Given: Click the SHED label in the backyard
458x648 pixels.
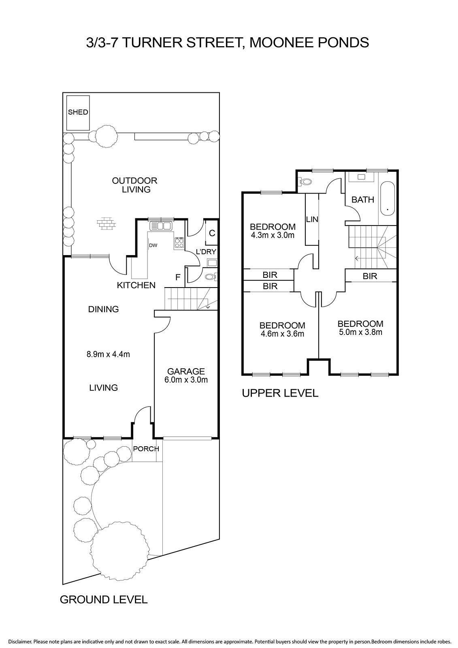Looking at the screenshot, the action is (78, 112).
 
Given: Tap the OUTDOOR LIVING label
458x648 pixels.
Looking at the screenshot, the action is (134, 185).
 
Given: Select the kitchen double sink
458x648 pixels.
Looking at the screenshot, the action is (161, 225).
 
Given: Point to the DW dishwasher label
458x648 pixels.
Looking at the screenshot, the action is (153, 245).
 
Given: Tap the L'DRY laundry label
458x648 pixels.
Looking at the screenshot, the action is (206, 252).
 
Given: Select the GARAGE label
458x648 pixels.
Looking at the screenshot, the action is (186, 371).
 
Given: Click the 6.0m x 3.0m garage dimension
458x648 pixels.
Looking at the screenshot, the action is (186, 380).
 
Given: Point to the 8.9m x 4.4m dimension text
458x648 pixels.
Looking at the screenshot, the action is (108, 354).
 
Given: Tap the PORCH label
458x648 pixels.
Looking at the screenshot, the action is (146, 449).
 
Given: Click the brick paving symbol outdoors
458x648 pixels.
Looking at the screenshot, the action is (106, 224).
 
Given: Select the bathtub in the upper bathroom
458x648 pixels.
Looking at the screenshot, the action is (387, 199).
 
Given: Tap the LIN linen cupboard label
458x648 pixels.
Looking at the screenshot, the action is (312, 219).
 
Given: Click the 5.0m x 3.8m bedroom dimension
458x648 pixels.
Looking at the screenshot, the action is (360, 332).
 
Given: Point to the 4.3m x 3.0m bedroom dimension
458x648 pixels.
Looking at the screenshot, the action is (273, 235).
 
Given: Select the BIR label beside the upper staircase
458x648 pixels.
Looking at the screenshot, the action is (370, 276).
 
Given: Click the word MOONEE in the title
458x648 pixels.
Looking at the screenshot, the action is (281, 43).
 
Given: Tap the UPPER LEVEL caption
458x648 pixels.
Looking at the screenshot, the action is (280, 393).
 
